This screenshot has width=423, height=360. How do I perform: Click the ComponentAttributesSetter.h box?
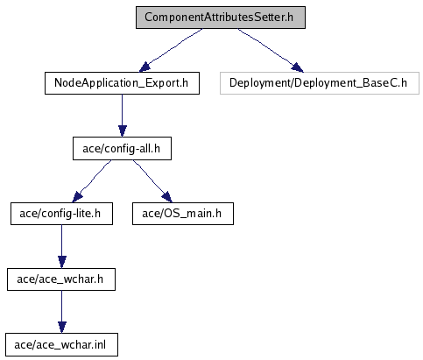tap(221, 18)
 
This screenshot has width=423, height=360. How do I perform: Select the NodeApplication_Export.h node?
tap(122, 83)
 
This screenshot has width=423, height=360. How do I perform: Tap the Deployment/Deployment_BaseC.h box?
tap(320, 83)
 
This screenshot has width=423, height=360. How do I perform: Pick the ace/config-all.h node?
tap(122, 149)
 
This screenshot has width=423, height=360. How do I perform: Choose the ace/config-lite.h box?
tap(61, 214)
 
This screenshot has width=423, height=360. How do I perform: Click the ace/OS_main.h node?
tap(183, 214)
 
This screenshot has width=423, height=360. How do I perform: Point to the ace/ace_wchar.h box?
tap(61, 279)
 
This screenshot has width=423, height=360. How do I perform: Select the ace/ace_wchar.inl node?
tap(61, 345)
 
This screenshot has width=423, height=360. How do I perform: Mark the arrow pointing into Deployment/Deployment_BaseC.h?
tap(271, 50)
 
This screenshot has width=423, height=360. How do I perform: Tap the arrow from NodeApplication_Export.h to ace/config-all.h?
tap(123, 116)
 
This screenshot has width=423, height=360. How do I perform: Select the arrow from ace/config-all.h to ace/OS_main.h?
tap(152, 181)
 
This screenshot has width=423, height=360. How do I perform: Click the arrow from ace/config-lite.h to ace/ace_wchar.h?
tap(62, 246)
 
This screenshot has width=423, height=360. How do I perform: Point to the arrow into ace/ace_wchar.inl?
tap(62, 312)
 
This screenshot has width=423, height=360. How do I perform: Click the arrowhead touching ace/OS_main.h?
tap(167, 197)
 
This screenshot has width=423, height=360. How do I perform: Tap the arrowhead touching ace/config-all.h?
tap(123, 131)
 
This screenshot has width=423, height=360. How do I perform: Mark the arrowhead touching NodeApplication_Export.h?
tap(145, 67)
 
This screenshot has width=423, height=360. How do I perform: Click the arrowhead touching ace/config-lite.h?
tap(77, 197)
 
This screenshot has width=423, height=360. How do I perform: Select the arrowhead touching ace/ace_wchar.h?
tap(62, 262)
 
